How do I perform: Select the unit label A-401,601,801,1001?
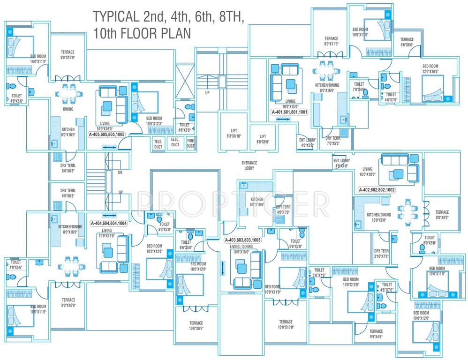pyautogui.click(x=289, y=112)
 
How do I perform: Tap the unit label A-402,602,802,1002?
pyautogui.click(x=377, y=190)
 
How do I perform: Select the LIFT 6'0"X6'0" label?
pyautogui.click(x=262, y=139)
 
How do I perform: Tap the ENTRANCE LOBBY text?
pyautogui.click(x=249, y=165)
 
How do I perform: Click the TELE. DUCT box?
pyautogui.click(x=158, y=144)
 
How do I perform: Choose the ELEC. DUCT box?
pyautogui.click(x=175, y=142)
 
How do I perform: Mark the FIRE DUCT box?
pyautogui.click(x=190, y=143)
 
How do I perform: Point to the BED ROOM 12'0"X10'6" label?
pyautogui.click(x=430, y=68)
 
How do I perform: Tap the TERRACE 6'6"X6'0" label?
pyautogui.click(x=407, y=42)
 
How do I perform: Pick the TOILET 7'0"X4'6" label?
pyautogui.click(x=359, y=87)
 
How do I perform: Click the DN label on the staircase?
pyautogui.click(x=120, y=172)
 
